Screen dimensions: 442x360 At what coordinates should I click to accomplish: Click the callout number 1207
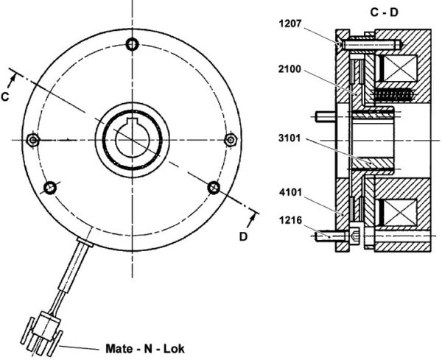(290, 24)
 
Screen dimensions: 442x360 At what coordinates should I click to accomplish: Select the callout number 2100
(290, 69)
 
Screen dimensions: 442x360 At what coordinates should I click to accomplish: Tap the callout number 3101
(290, 138)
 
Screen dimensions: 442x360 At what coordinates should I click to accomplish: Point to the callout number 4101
(291, 193)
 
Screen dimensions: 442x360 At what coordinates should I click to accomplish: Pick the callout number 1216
(291, 220)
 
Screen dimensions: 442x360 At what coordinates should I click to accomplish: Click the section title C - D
(384, 12)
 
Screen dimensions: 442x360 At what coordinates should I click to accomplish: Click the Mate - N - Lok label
(145, 349)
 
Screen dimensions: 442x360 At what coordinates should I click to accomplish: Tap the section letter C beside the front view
(5, 96)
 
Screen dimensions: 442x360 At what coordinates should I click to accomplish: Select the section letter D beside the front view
(243, 236)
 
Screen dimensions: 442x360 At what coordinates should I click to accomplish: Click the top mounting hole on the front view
(132, 44)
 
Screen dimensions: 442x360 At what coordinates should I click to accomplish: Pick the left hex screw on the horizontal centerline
(33, 140)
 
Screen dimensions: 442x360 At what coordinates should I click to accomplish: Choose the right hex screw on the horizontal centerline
(231, 140)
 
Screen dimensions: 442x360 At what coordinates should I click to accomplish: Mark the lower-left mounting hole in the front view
(50, 188)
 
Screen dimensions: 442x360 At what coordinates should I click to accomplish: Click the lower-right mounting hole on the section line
(214, 187)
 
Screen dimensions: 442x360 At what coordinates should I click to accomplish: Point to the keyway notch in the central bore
(132, 121)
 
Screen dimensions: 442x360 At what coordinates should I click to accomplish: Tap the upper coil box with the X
(400, 68)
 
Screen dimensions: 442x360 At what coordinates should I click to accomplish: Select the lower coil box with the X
(400, 213)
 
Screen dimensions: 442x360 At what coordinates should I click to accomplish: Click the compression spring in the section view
(393, 95)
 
